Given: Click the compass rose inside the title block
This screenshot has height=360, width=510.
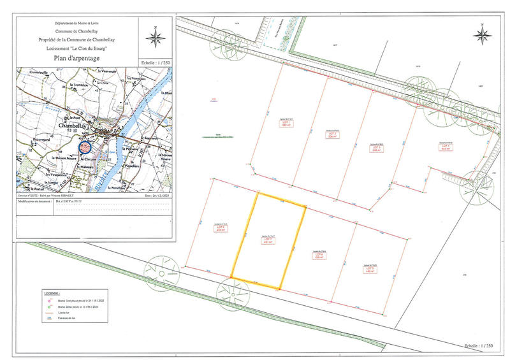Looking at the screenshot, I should click(x=154, y=38).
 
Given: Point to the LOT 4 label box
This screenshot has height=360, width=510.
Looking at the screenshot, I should click(x=446, y=146).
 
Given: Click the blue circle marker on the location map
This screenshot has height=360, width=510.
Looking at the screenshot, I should click(x=85, y=147).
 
